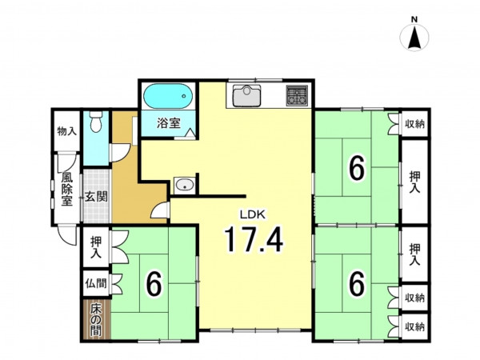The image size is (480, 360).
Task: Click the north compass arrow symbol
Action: tap(414, 38)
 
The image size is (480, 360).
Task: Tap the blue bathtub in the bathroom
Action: tap(168, 96)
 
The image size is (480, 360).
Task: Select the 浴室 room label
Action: tap(168, 123)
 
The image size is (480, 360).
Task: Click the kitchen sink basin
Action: tap(246, 95)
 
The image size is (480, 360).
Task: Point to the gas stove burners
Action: tap(297, 95)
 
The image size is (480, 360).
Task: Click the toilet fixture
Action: tap(96, 122)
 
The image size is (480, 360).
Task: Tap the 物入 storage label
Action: tap(66, 131)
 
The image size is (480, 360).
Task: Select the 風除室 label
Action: tap(66, 189)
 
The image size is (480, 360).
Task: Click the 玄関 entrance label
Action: tap(96, 197)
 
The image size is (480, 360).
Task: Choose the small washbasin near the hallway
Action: tap(184, 186)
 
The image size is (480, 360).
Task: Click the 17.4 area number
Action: tap(254, 238)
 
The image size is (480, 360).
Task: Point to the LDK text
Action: tap(252, 214)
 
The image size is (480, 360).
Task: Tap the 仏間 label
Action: tap(96, 283)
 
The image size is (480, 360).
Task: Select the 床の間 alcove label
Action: tap(96, 321)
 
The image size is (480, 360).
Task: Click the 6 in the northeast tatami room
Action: tap(358, 168)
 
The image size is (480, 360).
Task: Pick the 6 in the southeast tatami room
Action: tap(358, 284)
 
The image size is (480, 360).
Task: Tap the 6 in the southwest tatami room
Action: tap(154, 284)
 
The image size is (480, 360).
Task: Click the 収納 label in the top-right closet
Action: tap(414, 124)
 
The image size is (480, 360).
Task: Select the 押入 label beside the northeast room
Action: tap(414, 182)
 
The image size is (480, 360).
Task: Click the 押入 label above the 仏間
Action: tap(96, 248)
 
